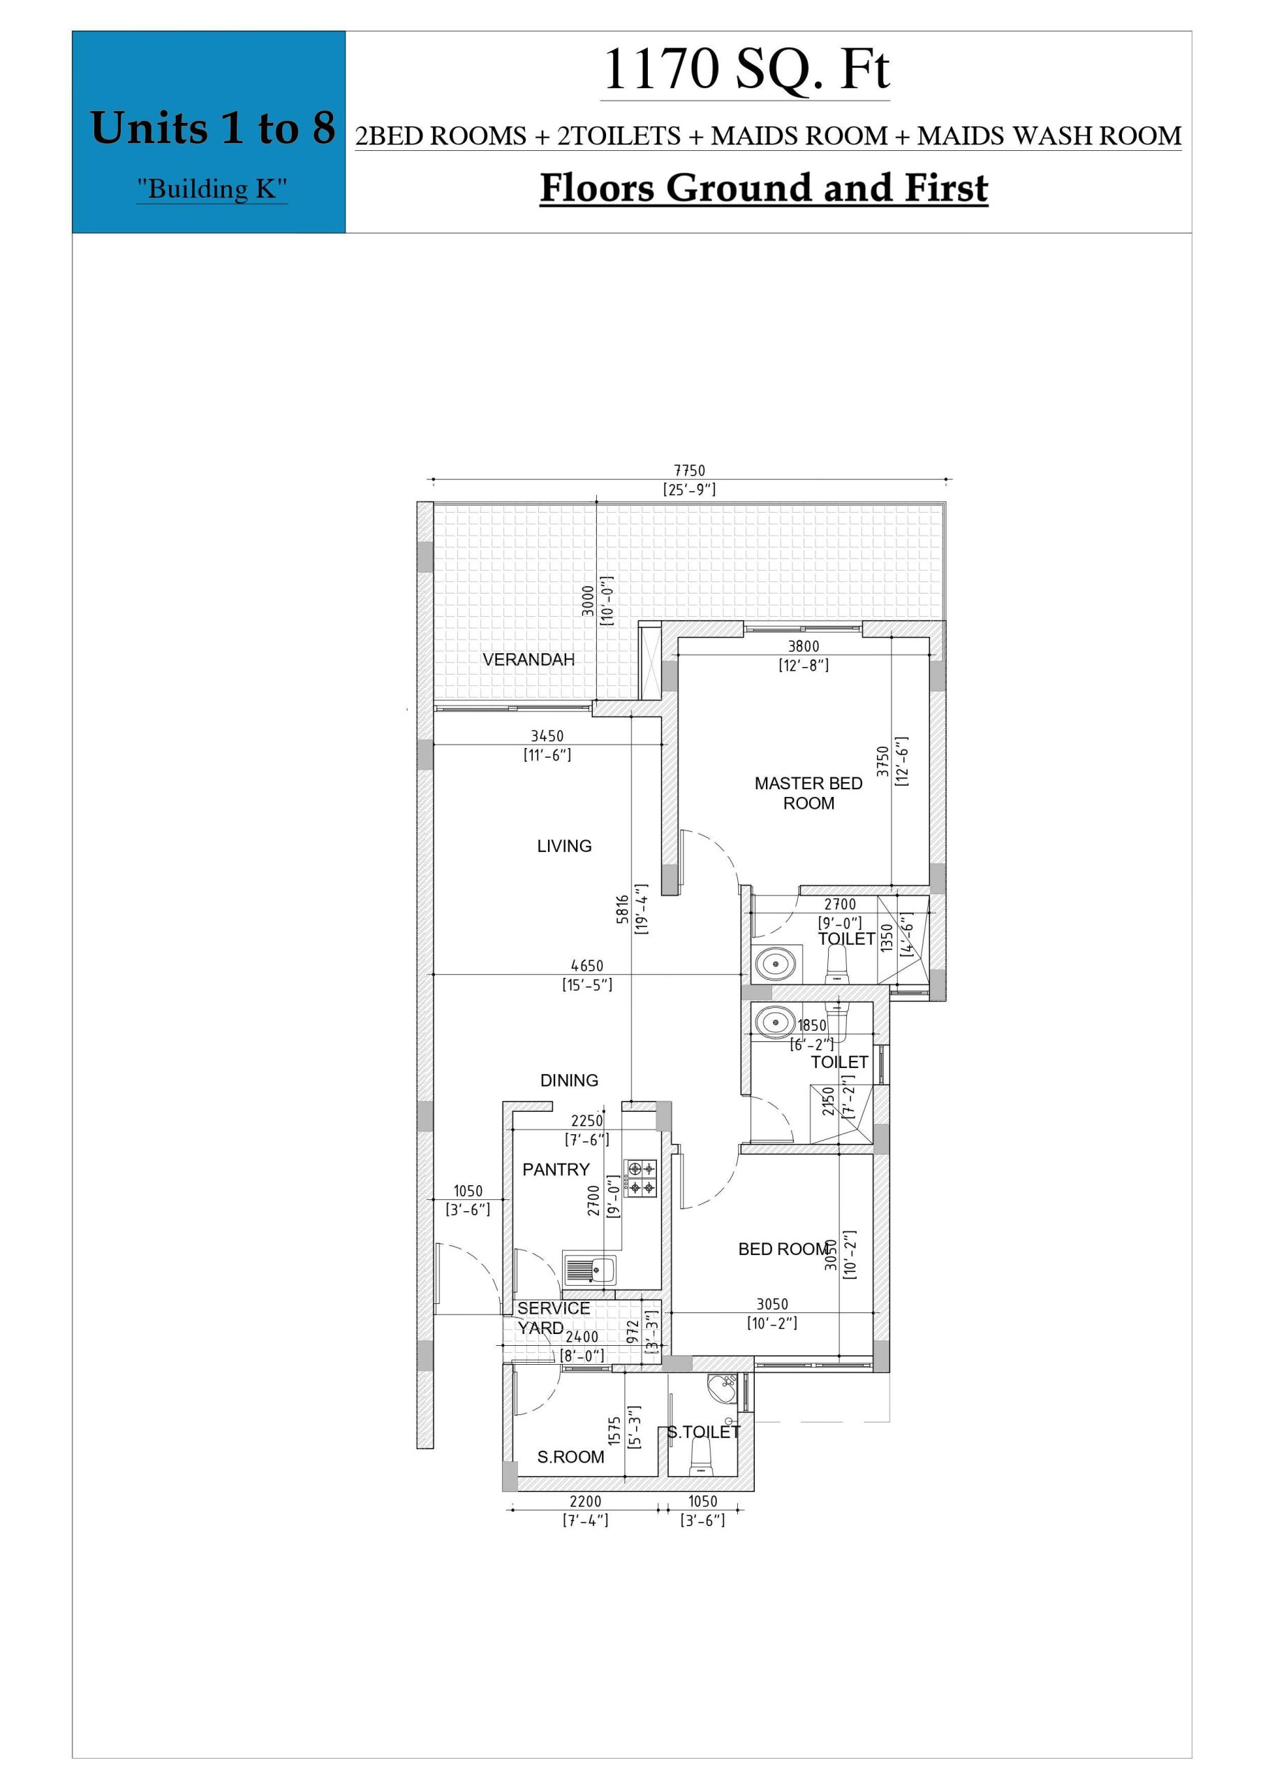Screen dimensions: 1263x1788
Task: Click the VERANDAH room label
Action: tap(529, 659)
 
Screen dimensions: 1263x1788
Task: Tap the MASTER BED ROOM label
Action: tap(808, 793)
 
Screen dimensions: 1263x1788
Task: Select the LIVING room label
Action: tap(565, 846)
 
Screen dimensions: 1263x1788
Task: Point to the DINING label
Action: tap(569, 1080)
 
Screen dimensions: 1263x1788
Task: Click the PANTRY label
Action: tap(556, 1169)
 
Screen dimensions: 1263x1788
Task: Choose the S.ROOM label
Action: tap(571, 1457)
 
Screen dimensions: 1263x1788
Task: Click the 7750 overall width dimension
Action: tap(689, 470)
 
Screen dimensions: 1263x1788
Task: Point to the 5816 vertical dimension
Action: tap(621, 909)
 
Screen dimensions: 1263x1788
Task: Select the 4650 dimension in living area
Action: tap(587, 966)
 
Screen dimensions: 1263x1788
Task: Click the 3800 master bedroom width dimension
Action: tap(804, 645)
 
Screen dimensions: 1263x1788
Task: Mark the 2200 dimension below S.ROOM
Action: tap(586, 1501)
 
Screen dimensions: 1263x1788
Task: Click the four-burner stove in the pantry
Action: tap(640, 1179)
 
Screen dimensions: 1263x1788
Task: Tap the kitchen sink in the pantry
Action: tap(589, 1270)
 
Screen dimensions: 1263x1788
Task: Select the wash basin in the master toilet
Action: tap(777, 964)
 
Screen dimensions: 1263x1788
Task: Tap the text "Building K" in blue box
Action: tap(212, 189)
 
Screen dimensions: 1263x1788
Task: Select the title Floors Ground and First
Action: tap(764, 188)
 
